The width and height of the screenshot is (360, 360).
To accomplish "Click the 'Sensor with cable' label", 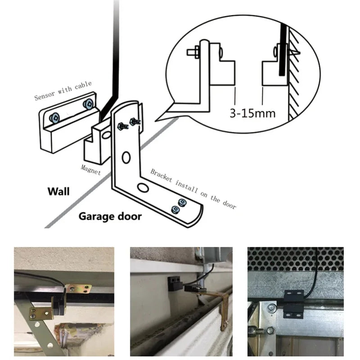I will (63, 90).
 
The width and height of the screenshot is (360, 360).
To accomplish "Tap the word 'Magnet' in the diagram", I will (90, 169).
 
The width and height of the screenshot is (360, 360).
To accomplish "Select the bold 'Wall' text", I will (58, 192).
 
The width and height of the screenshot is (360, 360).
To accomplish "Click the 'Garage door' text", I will (110, 216).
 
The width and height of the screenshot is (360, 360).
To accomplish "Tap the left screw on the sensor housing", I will (55, 117).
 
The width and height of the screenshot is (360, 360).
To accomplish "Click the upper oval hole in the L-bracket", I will (126, 157).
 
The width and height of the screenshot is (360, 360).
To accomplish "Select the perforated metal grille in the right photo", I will (295, 258).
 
